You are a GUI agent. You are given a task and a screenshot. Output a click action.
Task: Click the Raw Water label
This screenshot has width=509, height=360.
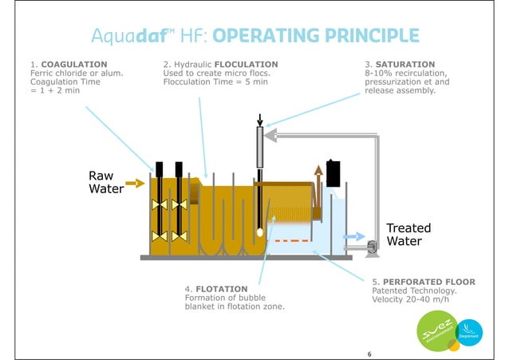click(105, 183)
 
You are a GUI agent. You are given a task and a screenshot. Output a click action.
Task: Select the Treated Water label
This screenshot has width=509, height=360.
click(408, 234)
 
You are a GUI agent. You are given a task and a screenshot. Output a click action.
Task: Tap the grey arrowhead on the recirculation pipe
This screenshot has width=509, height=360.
click(271, 136)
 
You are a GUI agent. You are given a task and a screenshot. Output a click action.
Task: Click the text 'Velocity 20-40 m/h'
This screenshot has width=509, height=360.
click(412, 300)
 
